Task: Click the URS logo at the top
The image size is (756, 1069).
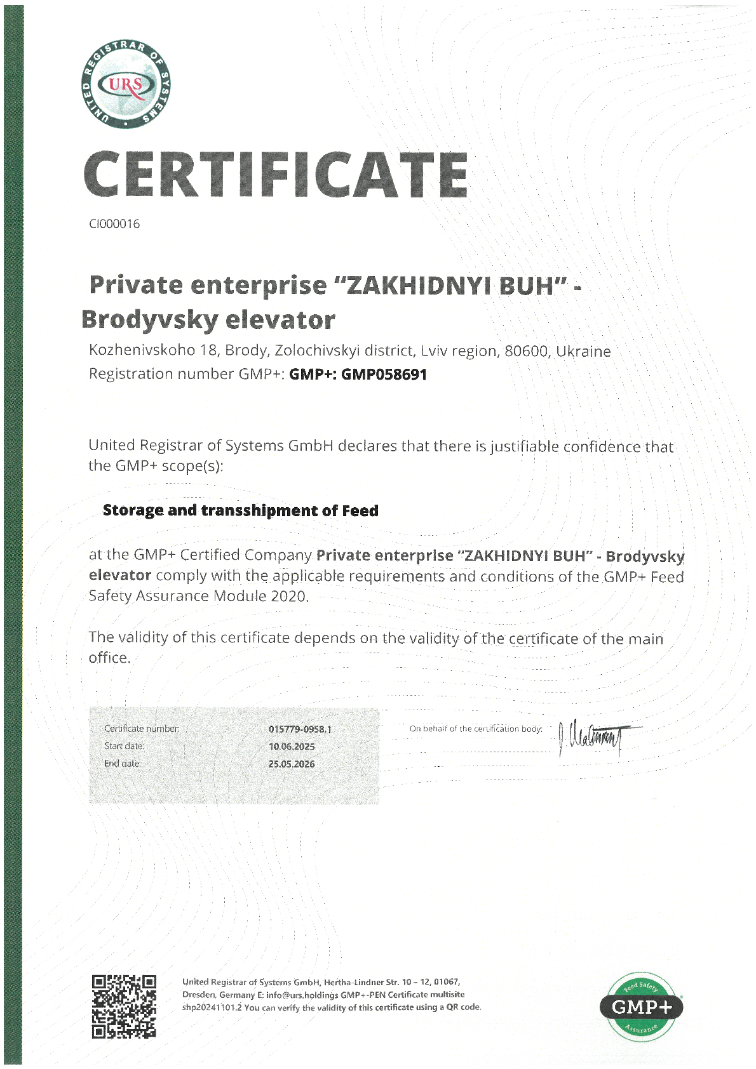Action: pyautogui.click(x=126, y=84)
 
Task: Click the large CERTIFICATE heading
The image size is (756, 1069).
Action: pyautogui.click(x=276, y=175)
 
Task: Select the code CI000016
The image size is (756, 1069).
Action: pyautogui.click(x=114, y=224)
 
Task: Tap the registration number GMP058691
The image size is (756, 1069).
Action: pyautogui.click(x=384, y=375)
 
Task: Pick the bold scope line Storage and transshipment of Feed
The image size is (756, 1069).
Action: pyautogui.click(x=240, y=510)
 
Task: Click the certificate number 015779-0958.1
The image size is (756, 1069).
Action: pyautogui.click(x=300, y=729)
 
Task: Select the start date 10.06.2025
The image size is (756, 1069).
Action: pyautogui.click(x=292, y=747)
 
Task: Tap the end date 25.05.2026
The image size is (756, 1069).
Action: pyautogui.click(x=292, y=764)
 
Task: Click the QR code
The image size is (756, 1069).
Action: pyautogui.click(x=124, y=1006)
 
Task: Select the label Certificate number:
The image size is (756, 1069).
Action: pyautogui.click(x=142, y=729)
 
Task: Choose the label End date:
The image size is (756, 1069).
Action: pyautogui.click(x=123, y=764)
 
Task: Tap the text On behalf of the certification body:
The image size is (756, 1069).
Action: pyautogui.click(x=476, y=729)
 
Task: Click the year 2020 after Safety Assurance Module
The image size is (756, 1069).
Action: pyautogui.click(x=289, y=596)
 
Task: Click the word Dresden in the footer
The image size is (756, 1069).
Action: pyautogui.click(x=199, y=995)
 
